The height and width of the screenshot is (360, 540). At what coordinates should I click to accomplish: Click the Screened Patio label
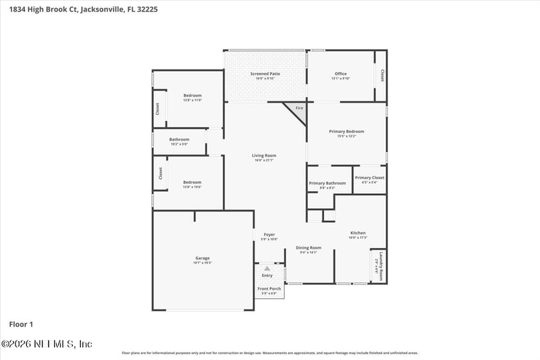tap(265, 74)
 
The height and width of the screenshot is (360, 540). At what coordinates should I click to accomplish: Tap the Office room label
tap(341, 74)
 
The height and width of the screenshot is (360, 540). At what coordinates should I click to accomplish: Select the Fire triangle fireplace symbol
tap(298, 109)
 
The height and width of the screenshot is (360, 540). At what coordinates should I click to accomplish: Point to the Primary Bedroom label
tap(346, 131)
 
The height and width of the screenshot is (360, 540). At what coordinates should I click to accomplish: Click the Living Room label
tap(264, 156)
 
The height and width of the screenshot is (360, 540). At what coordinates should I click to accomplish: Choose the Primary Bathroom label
tap(327, 183)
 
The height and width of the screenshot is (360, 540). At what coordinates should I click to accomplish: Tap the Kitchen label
tap(358, 233)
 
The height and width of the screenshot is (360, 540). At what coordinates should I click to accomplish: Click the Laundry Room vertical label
tap(379, 267)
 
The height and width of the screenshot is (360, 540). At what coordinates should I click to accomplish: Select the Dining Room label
tap(308, 248)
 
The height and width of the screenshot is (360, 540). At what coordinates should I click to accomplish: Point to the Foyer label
tap(269, 235)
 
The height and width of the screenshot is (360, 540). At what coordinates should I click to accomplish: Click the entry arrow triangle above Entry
tap(267, 268)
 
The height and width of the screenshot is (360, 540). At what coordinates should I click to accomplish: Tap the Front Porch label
tap(269, 288)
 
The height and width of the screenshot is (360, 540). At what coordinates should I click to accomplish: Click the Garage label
tap(202, 258)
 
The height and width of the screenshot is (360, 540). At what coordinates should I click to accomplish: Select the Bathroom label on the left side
tap(179, 140)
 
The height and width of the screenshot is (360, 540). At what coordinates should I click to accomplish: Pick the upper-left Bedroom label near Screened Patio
tap(192, 96)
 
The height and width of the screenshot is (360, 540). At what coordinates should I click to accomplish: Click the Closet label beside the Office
tap(382, 75)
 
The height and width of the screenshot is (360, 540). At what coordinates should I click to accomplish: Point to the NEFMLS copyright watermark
tap(47, 344)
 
